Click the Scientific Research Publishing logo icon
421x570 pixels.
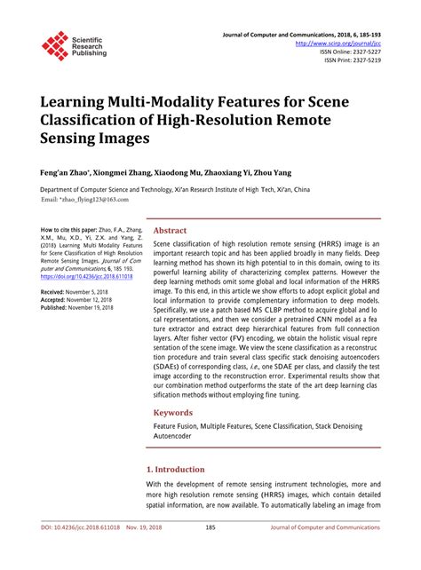[x=55, y=45]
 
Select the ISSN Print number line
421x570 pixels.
[x=353, y=60]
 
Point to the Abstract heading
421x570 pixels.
[x=171, y=228]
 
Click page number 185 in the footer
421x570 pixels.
[x=210, y=550]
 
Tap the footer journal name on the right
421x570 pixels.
[x=329, y=550]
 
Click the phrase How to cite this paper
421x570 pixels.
[x=67, y=229]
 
